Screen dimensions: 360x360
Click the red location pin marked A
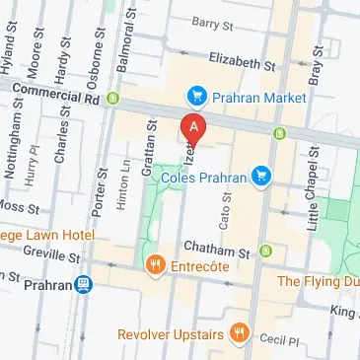[193, 128]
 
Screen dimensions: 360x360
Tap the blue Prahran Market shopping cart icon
[195, 96]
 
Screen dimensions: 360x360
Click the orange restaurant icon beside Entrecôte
[155, 264]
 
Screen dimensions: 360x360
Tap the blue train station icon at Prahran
[85, 285]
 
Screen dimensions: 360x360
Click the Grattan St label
[151, 148]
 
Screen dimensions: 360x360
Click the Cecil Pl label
[280, 338]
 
